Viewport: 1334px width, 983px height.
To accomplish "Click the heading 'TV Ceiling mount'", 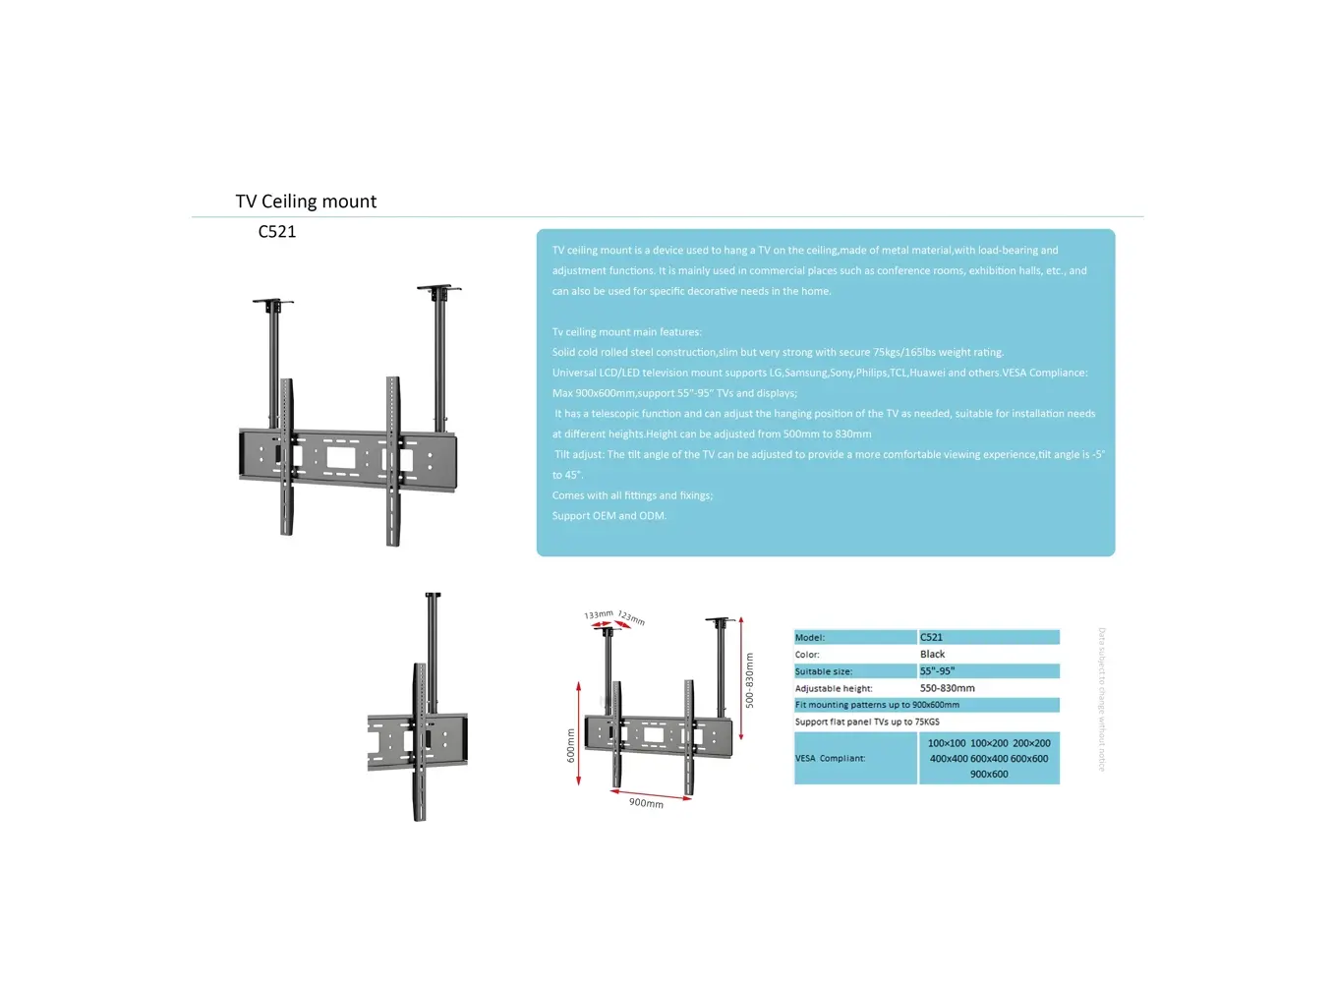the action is (x=306, y=202).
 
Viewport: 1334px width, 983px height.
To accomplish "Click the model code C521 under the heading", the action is (x=277, y=232).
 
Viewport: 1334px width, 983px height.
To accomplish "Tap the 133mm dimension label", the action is (x=599, y=614).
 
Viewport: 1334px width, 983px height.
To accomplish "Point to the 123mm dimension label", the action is (x=631, y=617).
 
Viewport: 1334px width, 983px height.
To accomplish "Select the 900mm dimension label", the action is (x=646, y=803).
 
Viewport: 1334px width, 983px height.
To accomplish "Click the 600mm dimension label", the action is (x=570, y=745).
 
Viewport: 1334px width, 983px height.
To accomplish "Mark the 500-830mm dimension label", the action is (x=749, y=680).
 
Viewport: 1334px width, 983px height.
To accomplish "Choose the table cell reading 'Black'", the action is (x=932, y=654).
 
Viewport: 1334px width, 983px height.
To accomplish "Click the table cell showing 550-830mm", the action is (x=947, y=688).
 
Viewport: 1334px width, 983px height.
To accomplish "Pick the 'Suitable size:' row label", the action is (x=824, y=671).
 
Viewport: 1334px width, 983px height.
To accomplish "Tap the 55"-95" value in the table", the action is (x=937, y=671).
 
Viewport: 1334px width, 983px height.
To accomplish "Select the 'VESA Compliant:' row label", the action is (x=830, y=758).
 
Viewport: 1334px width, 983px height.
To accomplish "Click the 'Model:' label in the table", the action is (x=810, y=638).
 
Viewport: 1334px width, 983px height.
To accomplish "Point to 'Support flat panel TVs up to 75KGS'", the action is (x=867, y=722).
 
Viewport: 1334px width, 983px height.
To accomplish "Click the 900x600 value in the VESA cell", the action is (x=989, y=774).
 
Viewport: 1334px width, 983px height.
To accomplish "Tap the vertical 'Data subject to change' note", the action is (x=1101, y=699).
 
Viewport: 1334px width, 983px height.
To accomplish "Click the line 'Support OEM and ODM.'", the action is (x=609, y=516).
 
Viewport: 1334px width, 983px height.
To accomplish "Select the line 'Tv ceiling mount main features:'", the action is (x=626, y=332).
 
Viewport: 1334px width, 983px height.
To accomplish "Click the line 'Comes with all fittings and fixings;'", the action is (x=632, y=495).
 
